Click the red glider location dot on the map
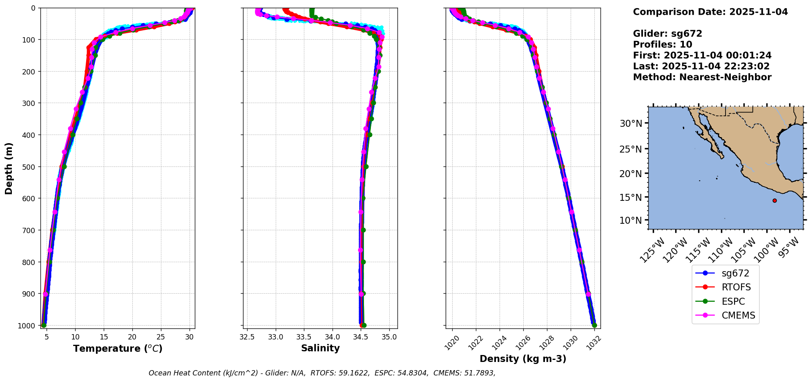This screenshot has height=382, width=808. [775, 200]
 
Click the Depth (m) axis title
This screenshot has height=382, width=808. [9, 168]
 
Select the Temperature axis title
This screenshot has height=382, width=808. [118, 348]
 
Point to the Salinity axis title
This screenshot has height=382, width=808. [320, 348]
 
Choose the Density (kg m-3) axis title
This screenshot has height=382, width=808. [523, 359]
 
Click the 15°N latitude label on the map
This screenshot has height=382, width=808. [631, 198]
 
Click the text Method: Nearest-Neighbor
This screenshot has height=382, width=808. [702, 77]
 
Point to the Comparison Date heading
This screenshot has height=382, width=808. [710, 12]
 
